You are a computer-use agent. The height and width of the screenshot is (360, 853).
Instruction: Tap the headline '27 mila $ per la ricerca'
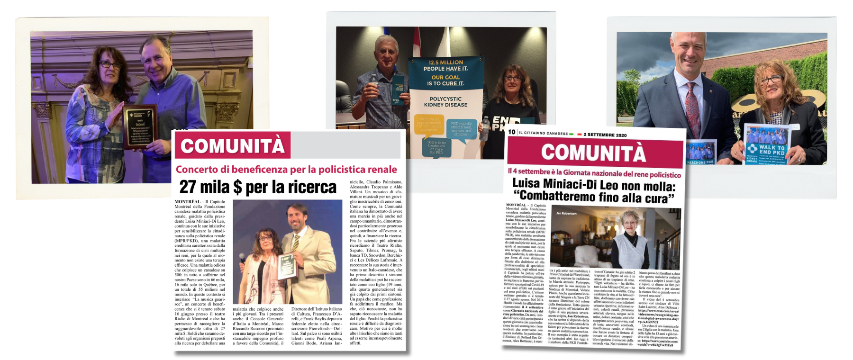pyautogui.click(x=258, y=187)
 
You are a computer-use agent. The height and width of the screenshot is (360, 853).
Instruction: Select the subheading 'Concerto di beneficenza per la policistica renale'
pyautogui.click(x=286, y=170)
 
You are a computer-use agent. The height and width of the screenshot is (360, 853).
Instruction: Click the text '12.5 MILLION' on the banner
pyautogui.click(x=445, y=63)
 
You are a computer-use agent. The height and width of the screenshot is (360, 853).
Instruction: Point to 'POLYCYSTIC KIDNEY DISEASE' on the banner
pyautogui.click(x=445, y=102)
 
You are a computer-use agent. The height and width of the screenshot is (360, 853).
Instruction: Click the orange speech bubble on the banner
pyautogui.click(x=429, y=124)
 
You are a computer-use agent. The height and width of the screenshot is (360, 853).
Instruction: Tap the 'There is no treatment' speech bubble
pyautogui.click(x=436, y=147)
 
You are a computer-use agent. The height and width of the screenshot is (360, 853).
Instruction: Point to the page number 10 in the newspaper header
pyautogui.click(x=511, y=132)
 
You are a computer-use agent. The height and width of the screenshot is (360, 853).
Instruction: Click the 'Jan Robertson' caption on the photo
pyautogui.click(x=566, y=214)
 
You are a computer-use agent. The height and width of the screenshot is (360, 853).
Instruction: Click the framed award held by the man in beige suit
pyautogui.click(x=286, y=265)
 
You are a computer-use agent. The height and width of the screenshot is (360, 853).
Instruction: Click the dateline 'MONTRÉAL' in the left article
pyautogui.click(x=188, y=202)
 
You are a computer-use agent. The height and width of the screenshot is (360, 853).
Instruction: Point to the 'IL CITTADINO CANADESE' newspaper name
pyautogui.click(x=543, y=133)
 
